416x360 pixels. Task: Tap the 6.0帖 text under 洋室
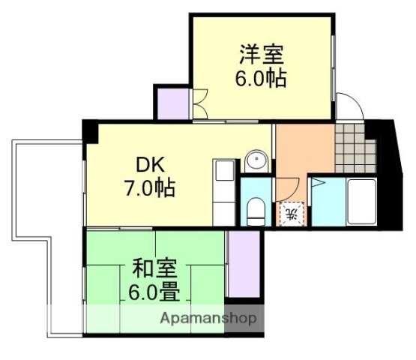pos(262,79)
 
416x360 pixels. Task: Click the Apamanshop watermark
pos(209,318)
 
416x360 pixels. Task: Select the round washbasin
pos(256,162)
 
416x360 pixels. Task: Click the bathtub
pos(361,201)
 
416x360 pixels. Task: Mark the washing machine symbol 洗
pos(292,213)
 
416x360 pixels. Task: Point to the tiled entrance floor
pos(349,136)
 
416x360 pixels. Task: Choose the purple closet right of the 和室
pos(243,265)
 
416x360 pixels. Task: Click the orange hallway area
pos(304,154)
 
